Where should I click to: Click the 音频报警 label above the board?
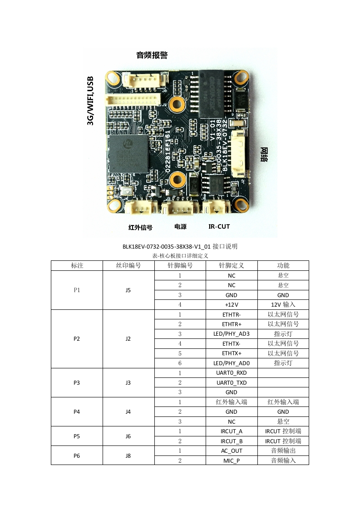152,55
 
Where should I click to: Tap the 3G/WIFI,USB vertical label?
90,100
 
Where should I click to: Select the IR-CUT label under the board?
219,226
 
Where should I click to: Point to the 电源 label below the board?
180,226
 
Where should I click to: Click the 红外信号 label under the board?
140,227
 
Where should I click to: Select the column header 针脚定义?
232,265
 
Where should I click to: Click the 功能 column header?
283,265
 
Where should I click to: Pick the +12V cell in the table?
232,304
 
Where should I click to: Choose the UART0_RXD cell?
232,372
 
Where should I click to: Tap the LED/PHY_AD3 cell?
232,333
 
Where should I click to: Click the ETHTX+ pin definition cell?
232,353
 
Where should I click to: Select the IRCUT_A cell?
232,431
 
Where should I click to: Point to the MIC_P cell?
232,460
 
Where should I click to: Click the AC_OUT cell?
232,450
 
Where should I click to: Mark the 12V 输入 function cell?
283,304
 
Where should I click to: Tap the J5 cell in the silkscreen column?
128,290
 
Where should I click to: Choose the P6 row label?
77,455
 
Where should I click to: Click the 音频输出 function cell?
283,450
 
